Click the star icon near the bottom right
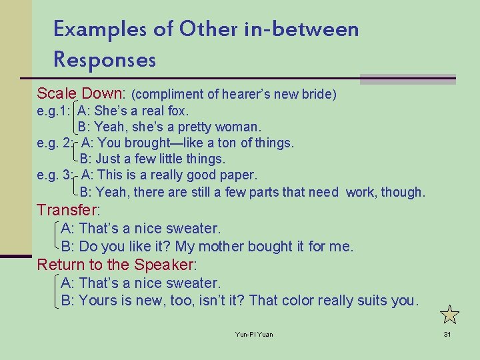pos(450,314)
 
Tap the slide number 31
pos(447,334)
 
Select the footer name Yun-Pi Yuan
pos(254,334)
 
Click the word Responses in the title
pos(105,60)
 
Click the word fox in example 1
pos(178,111)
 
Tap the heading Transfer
pos(67,210)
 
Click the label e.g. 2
pos(55,143)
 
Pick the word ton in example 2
pos(227,143)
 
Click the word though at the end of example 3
pos(403,192)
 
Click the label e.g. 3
pos(55,175)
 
